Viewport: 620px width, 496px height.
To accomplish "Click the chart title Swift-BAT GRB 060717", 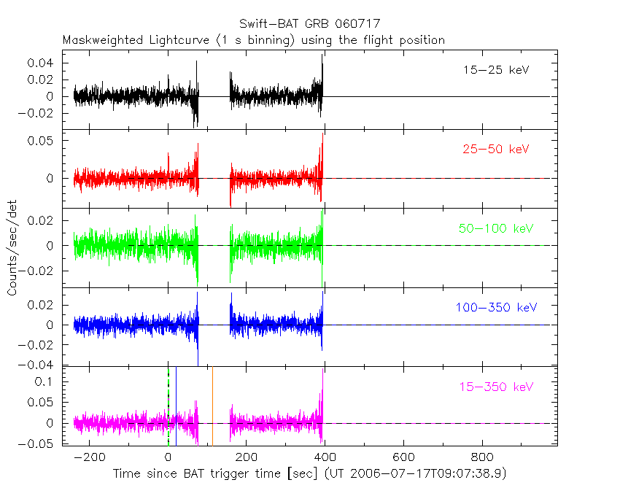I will [x=309, y=24].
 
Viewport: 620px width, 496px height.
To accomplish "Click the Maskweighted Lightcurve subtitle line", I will [x=253, y=40].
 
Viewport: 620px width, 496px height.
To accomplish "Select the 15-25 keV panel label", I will [x=495, y=71].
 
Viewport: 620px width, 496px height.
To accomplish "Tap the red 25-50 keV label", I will [x=495, y=150].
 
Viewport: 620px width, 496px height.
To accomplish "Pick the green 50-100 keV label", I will [x=495, y=228].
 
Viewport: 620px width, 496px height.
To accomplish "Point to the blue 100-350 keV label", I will [x=495, y=307].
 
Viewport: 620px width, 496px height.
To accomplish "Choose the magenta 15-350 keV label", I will [x=495, y=386].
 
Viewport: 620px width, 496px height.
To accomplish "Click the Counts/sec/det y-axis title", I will [x=12, y=248].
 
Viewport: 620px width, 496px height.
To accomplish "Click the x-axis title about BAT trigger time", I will [x=309, y=474].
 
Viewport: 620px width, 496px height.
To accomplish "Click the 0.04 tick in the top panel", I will [x=41, y=63].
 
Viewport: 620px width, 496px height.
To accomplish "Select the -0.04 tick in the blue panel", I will [x=38, y=365].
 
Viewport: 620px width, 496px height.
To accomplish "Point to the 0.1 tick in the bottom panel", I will [x=47, y=381].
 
